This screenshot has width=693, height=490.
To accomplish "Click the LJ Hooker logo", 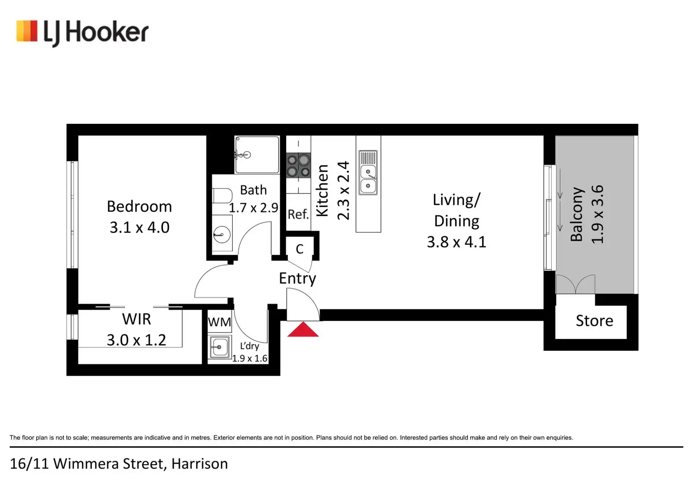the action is click(82, 32).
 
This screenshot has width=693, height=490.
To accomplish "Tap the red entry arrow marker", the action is click(303, 330).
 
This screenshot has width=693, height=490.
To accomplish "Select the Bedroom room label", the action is click(139, 207).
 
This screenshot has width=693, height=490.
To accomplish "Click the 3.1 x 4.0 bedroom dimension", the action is click(139, 227).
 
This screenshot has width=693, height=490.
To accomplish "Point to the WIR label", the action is click(137, 319).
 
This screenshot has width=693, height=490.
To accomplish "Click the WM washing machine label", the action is click(219, 322).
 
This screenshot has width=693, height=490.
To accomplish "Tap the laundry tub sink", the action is click(219, 347).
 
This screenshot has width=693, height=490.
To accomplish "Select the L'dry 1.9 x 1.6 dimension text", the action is click(250, 358).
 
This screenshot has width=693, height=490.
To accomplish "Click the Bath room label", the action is click(253, 190).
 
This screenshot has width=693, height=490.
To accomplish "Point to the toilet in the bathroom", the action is click(222, 195).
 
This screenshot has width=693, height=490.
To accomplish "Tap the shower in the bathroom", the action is click(257, 154).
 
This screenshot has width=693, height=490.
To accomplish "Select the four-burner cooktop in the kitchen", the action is click(298, 165).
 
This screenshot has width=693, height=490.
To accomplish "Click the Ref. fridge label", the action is click(298, 215).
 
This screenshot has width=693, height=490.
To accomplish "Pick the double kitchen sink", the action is click(368, 173).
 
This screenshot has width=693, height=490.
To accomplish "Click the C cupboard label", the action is click(299, 249).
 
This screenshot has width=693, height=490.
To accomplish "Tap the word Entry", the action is click(298, 278).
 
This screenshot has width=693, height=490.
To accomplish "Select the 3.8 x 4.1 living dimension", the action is click(456, 242).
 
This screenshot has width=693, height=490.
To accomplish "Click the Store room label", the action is click(594, 321).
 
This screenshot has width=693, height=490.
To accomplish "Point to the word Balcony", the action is click(577, 214).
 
